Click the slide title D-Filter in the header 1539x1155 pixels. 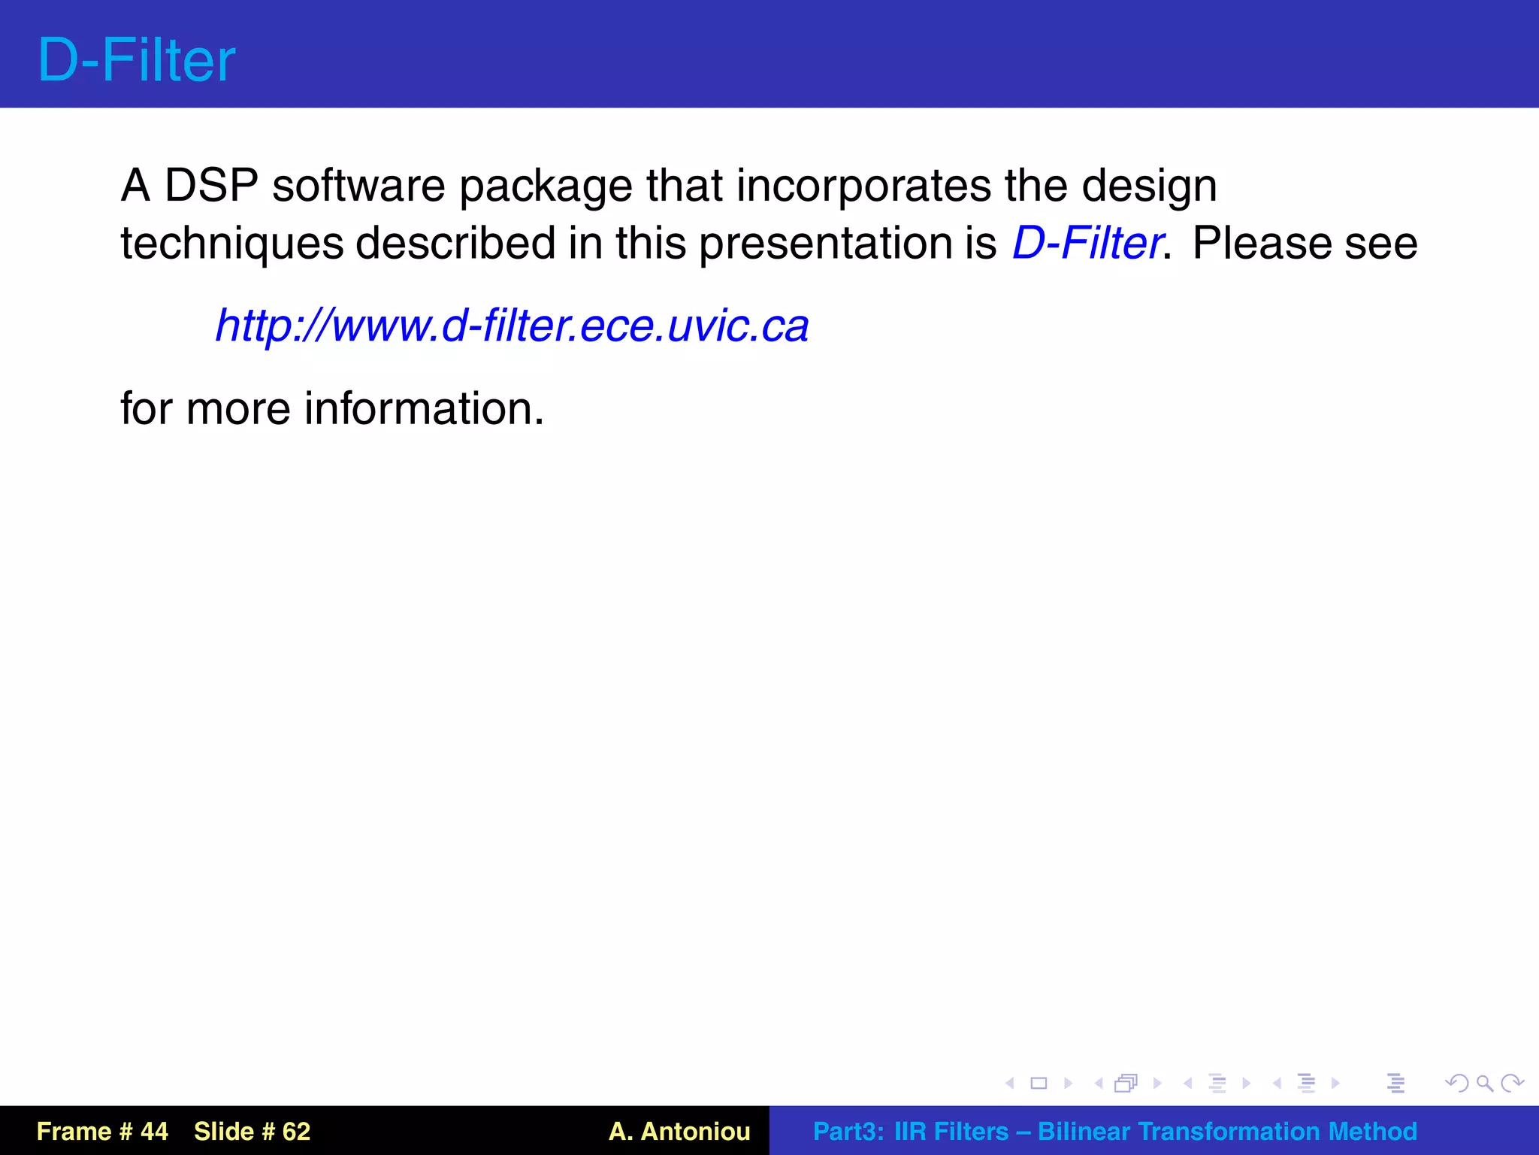[136, 60]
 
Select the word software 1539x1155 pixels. [358, 185]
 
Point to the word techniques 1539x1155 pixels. [231, 244]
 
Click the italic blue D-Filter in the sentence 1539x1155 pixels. [1087, 244]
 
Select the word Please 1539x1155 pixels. [1262, 244]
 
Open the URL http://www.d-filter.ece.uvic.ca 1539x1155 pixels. [512, 326]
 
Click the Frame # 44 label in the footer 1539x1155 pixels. [102, 1131]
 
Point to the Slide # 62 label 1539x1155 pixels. [252, 1131]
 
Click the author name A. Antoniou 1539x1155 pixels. [679, 1131]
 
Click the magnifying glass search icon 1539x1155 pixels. [1484, 1084]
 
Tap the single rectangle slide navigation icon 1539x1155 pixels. [1039, 1084]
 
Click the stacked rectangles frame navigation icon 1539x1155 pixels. [1126, 1084]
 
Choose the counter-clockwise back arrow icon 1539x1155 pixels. [1456, 1084]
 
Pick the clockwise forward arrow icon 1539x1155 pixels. [1512, 1084]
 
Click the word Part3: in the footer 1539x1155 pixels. [848, 1131]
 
